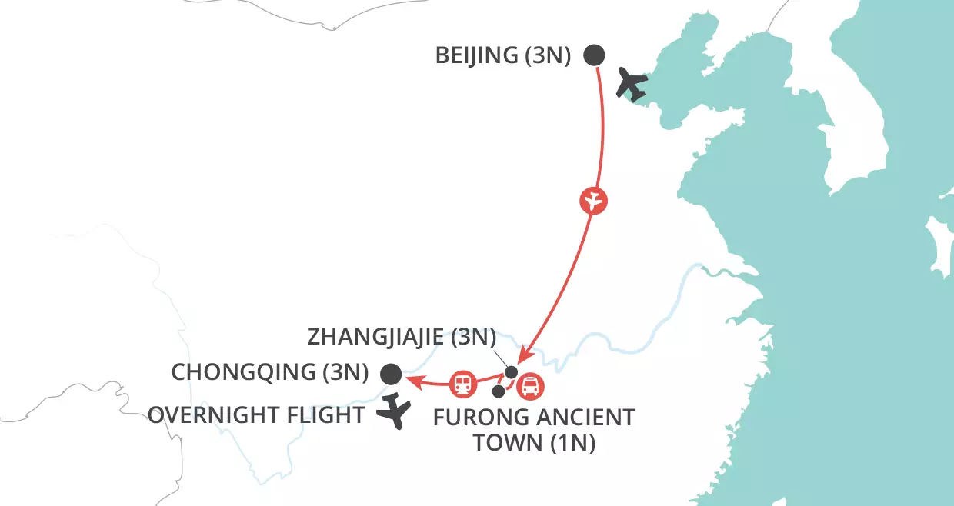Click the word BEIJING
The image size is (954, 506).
[x=475, y=56]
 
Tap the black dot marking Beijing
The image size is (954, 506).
[x=594, y=55]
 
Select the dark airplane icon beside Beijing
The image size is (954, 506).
[x=633, y=85]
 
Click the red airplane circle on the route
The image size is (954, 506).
[x=593, y=201]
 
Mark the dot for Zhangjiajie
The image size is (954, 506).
[x=511, y=372]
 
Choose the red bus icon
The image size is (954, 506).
[x=530, y=387]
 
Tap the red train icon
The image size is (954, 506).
[x=463, y=382]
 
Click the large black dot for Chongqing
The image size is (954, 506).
[x=391, y=374]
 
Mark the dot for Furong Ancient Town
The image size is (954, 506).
[x=499, y=391]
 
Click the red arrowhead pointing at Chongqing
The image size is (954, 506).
[x=411, y=379]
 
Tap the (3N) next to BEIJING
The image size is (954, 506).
[x=546, y=56]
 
